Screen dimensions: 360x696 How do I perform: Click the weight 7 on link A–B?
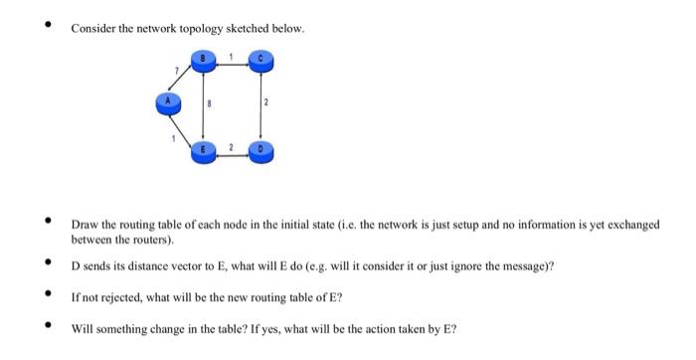point(176,71)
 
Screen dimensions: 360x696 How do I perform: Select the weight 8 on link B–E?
point(210,103)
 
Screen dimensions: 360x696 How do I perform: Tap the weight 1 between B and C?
point(232,54)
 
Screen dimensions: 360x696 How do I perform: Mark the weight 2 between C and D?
point(266,103)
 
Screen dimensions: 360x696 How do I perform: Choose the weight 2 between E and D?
point(232,146)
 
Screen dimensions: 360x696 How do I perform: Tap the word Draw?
point(82,225)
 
